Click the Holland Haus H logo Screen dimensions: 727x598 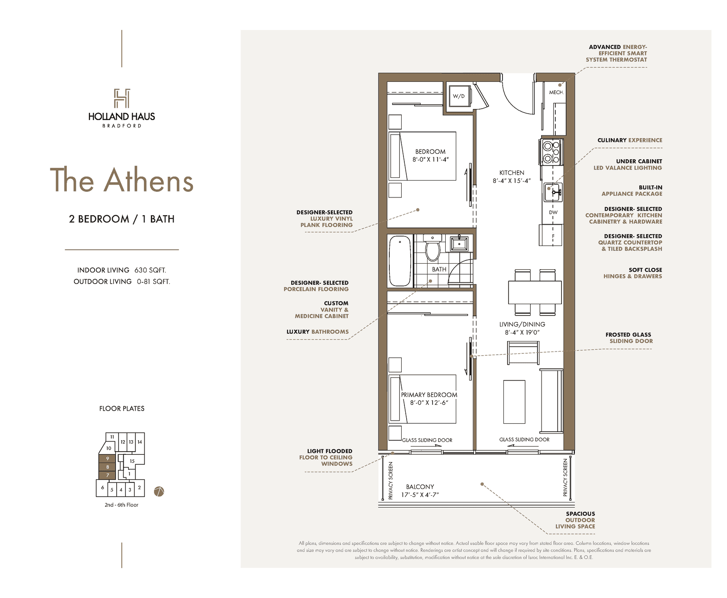(x=122, y=98)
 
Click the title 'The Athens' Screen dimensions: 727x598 (x=122, y=180)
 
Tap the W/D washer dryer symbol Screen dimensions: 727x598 (x=458, y=96)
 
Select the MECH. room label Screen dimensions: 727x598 (x=556, y=92)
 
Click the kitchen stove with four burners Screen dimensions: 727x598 (x=551, y=152)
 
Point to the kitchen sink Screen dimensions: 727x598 (x=553, y=192)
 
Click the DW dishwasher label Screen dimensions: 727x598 (x=553, y=212)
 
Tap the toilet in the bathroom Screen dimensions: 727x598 (x=433, y=248)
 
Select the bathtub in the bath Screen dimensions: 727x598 (x=400, y=261)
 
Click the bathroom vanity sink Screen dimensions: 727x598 (x=459, y=243)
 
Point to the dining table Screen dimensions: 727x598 (x=535, y=292)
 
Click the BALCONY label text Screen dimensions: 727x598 (x=419, y=487)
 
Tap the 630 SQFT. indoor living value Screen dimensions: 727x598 (x=150, y=270)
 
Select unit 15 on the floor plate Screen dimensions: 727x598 (x=132, y=461)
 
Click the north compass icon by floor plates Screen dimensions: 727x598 (x=159, y=492)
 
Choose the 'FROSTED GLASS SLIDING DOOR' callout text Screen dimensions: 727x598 (x=629, y=338)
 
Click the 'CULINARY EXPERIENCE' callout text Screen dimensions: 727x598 (x=629, y=140)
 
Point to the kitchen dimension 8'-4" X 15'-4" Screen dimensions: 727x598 (x=512, y=181)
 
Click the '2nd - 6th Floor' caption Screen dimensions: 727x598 (x=121, y=505)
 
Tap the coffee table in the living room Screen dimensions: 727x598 (x=514, y=402)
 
